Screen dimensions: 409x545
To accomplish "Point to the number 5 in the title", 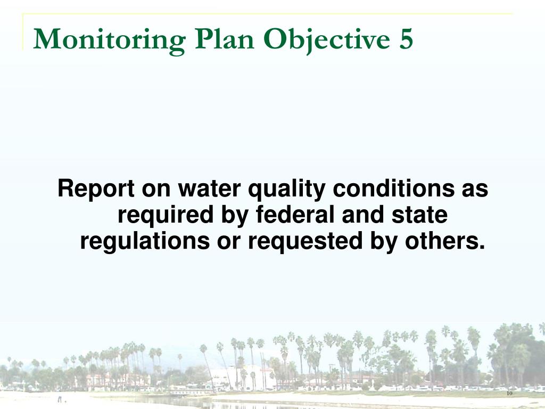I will pyautogui.click(x=404, y=39).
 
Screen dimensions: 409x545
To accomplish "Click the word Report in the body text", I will pyautogui.click(x=96, y=189).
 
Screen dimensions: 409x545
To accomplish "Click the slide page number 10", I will pyautogui.click(x=509, y=394).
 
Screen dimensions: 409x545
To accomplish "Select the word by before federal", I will pyautogui.click(x=232, y=216).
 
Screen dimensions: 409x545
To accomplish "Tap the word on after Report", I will pyautogui.click(x=155, y=189).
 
